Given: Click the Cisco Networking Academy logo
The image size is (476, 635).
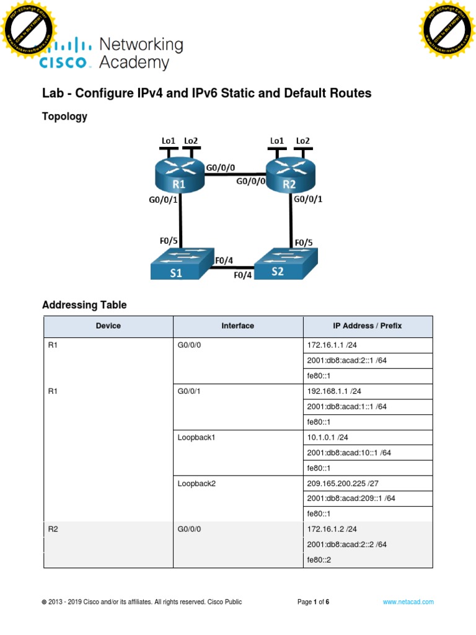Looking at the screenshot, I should [x=112, y=53].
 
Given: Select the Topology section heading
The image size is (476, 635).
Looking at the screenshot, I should [x=64, y=116].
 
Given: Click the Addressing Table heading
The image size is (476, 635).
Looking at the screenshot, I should [x=84, y=304].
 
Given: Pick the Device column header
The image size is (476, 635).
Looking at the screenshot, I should [x=108, y=326].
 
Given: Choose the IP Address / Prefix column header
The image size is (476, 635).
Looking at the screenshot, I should [x=368, y=326].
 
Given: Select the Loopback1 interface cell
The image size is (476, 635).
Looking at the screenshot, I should [x=237, y=437].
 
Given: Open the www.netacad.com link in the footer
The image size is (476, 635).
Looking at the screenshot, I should [x=408, y=602].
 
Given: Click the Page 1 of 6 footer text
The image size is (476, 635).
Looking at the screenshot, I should [x=313, y=602].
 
